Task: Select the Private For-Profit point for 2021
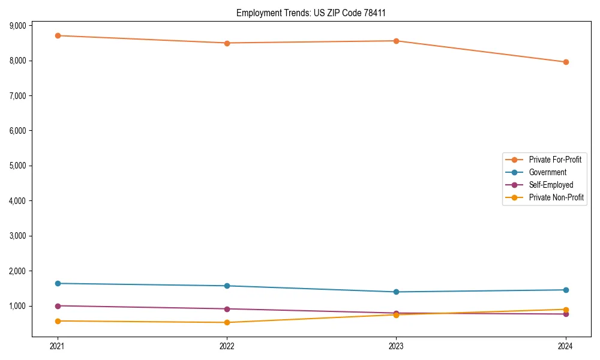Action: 58,35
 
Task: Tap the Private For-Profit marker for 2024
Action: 566,62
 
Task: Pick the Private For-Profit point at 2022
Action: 227,43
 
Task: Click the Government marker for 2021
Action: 58,283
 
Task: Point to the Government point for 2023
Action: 397,292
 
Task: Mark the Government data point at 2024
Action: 566,290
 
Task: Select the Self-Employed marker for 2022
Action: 227,309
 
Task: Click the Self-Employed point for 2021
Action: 58,306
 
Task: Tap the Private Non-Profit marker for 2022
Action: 227,323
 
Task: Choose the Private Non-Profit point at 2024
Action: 566,310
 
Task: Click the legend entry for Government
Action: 547,172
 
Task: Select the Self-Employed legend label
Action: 551,185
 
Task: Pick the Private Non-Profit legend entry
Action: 556,197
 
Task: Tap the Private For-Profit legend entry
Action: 555,160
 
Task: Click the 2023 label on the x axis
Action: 397,346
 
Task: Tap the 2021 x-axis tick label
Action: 58,346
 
